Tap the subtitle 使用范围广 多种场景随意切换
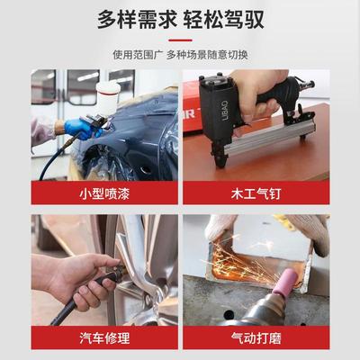(x=180, y=53)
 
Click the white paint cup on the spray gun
(x=109, y=93)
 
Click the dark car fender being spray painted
(x=135, y=135)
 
